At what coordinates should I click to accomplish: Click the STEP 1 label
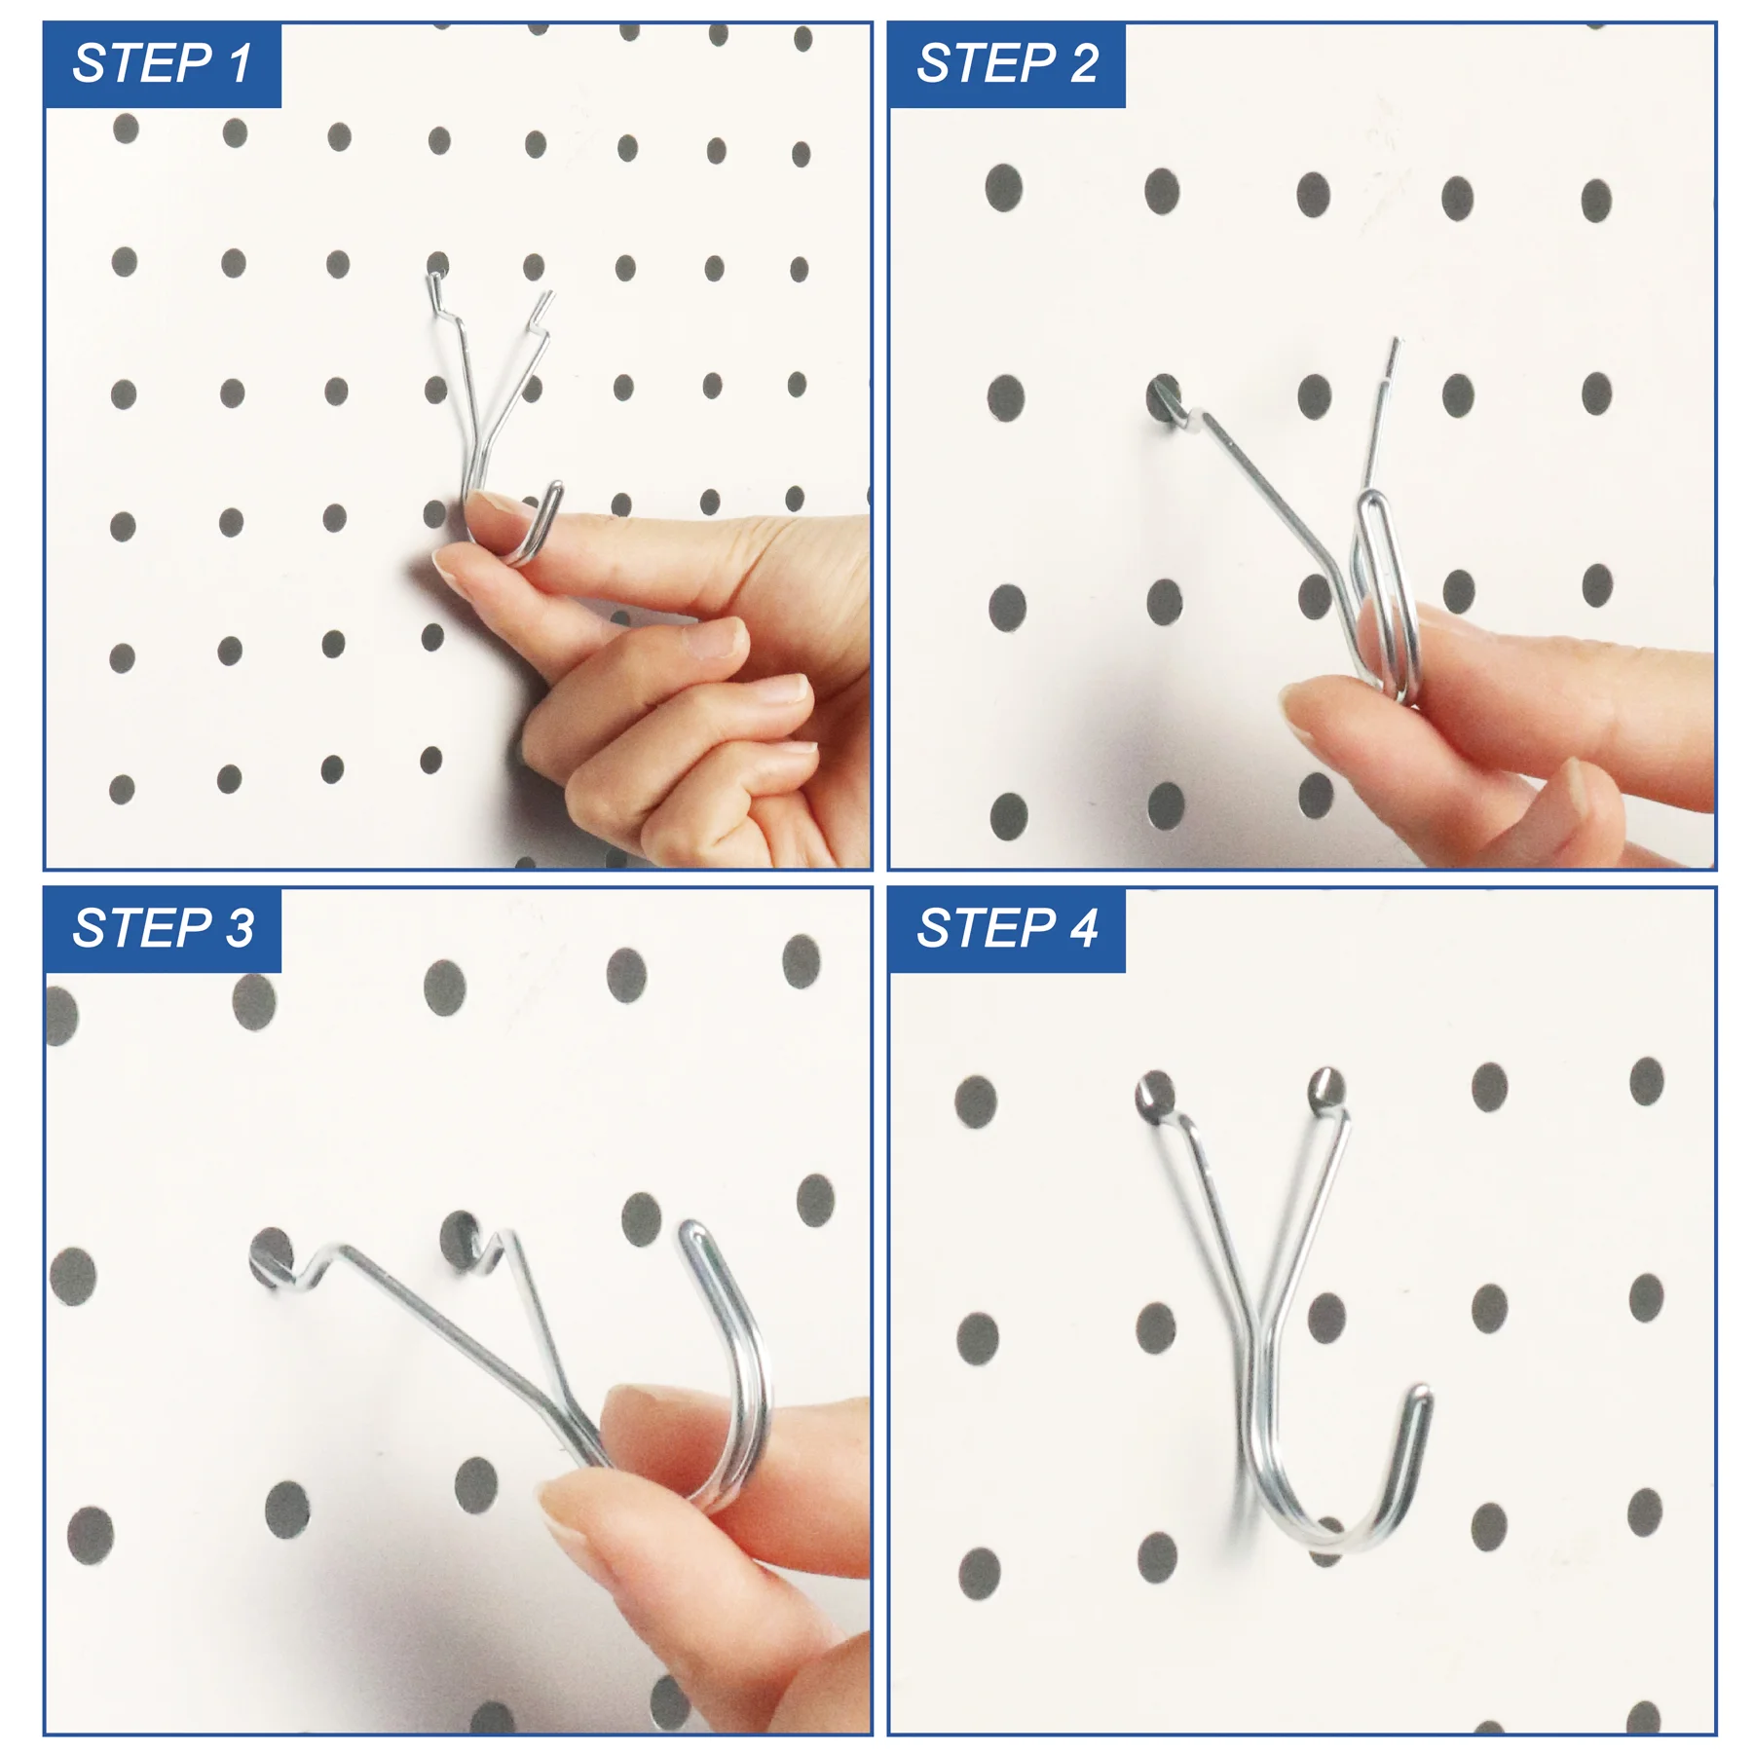pyautogui.click(x=162, y=64)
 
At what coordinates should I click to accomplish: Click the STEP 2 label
pyautogui.click(x=1006, y=64)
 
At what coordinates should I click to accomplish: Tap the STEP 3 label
pyautogui.click(x=162, y=928)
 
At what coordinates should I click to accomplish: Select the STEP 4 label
pyautogui.click(x=1006, y=928)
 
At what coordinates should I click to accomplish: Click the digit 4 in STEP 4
pyautogui.click(x=1084, y=928)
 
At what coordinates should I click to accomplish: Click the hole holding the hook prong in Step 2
pyautogui.click(x=1164, y=397)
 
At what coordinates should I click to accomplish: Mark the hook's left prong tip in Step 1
pyautogui.click(x=431, y=280)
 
